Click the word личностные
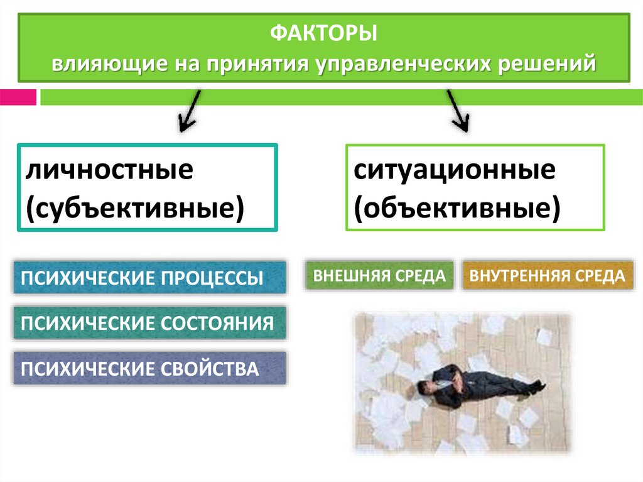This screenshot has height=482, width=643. coord(109,170)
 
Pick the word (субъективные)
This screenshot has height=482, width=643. coord(134,207)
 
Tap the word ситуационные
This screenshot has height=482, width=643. coord(454,170)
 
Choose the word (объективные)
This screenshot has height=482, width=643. coord(456,207)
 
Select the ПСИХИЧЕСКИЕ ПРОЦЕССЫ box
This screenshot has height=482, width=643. coord(149,278)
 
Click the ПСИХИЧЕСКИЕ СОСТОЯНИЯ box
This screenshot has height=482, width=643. coord(149,323)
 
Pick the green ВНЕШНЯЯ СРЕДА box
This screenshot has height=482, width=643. coord(379,275)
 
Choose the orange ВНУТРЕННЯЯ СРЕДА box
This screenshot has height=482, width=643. coord(548,275)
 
